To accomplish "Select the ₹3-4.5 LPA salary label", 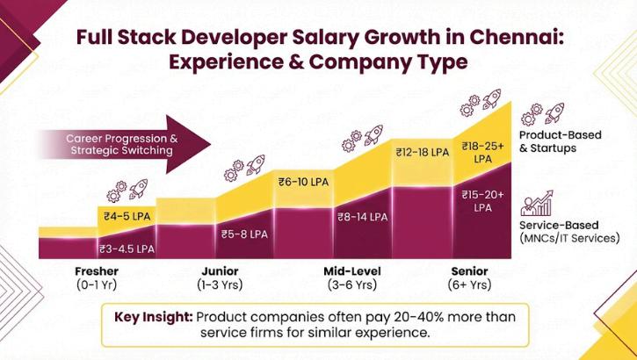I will (127, 248).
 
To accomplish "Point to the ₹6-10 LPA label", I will (303, 182).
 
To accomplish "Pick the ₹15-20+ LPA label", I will (483, 200).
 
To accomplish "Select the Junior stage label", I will (220, 271).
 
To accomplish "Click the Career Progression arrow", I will (123, 144).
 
